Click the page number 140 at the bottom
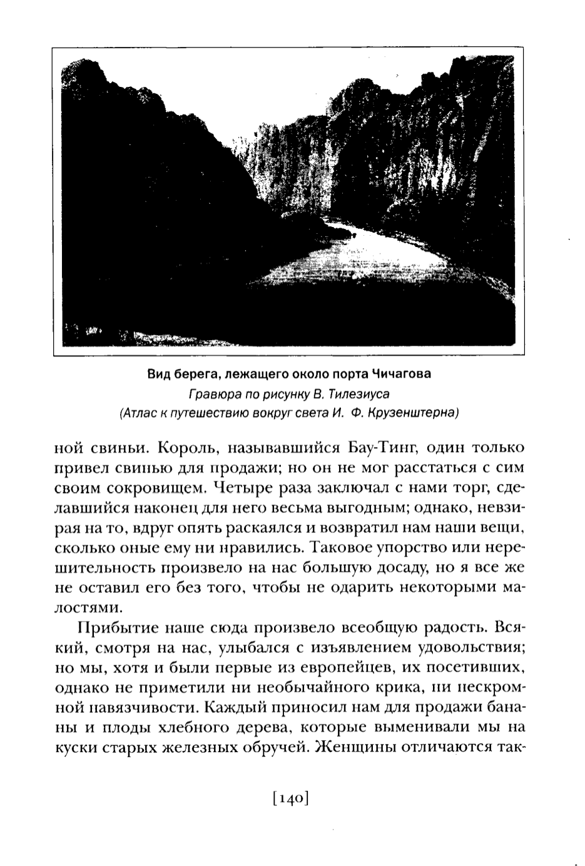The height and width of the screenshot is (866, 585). (x=292, y=798)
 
